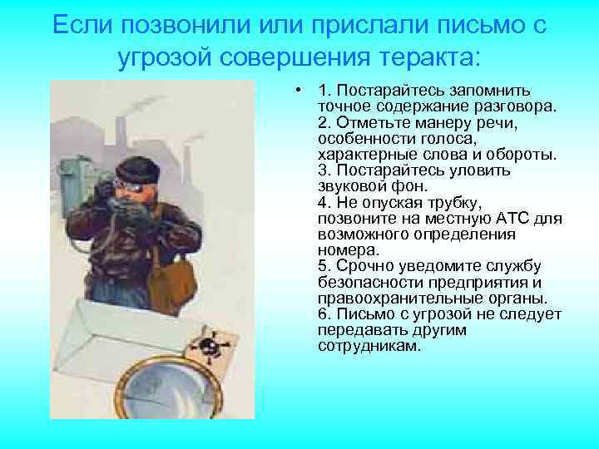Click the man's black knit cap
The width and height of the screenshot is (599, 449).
[x=134, y=170]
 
